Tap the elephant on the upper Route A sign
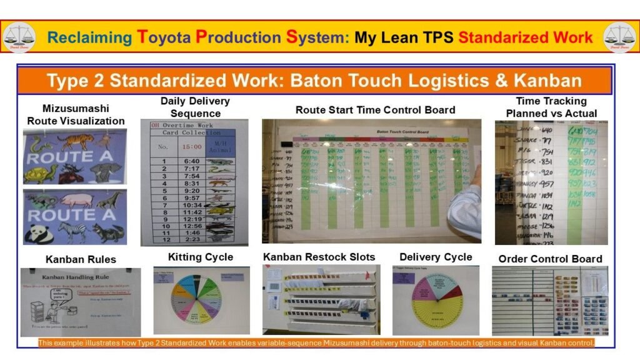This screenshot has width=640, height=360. [x=106, y=171]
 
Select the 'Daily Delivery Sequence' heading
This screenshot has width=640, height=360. [x=195, y=107]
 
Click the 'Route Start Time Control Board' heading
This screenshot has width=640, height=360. [x=375, y=109]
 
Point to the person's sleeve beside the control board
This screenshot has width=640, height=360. [x=465, y=209]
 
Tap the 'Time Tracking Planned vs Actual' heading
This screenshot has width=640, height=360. [x=551, y=107]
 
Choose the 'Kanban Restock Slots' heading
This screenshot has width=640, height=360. [x=319, y=257]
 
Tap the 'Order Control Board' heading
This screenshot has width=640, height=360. [x=550, y=259]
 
